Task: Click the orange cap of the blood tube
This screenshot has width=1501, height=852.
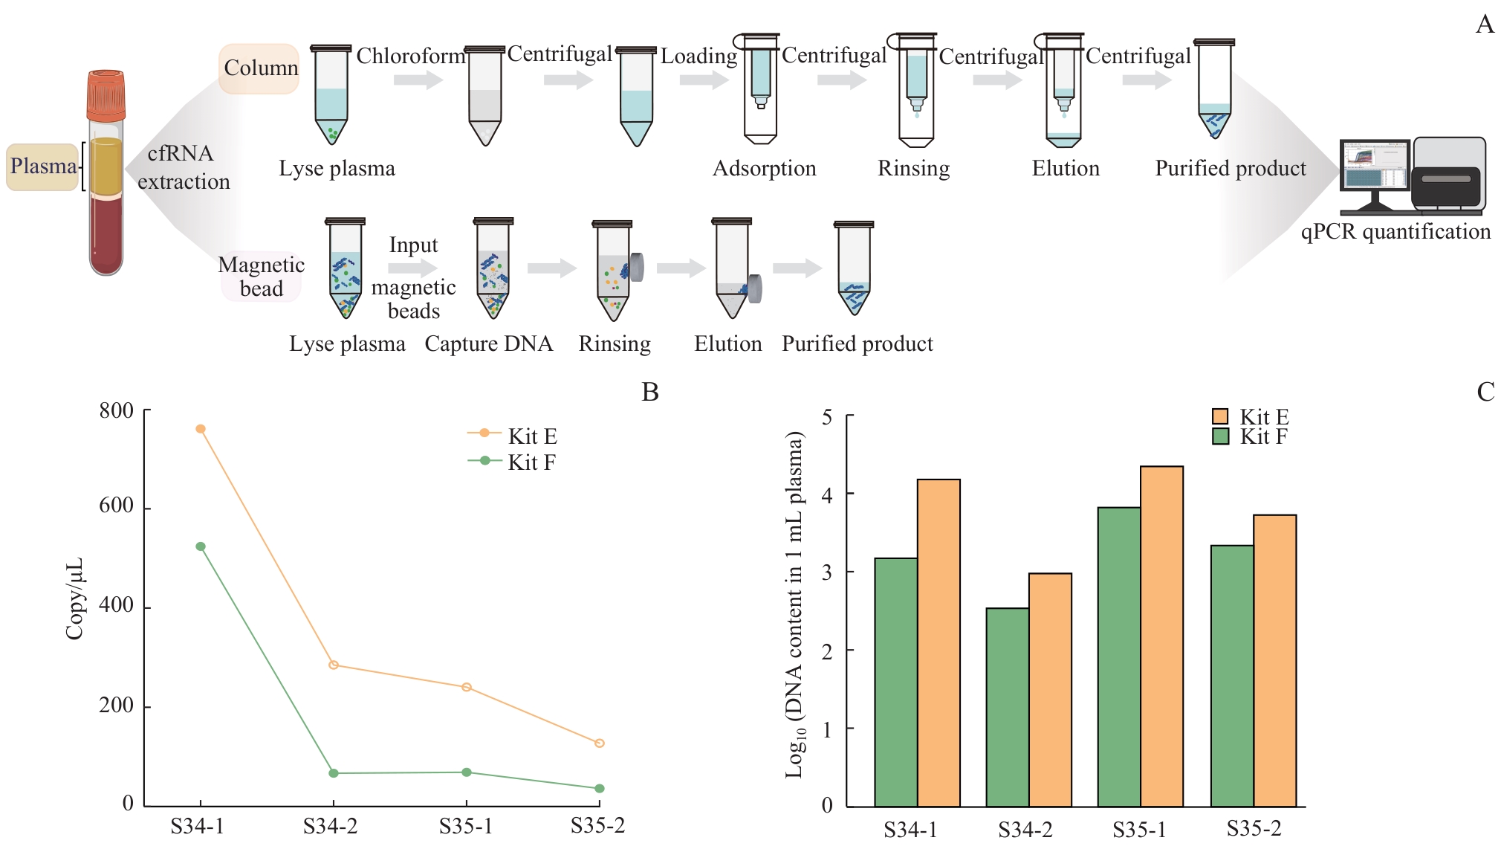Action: click(106, 95)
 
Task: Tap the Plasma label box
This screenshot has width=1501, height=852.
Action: click(43, 167)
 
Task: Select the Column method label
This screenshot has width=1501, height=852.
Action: click(260, 68)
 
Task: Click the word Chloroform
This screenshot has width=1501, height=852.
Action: click(410, 56)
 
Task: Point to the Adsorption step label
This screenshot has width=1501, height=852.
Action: click(764, 169)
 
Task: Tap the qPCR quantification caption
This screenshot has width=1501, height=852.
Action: click(1395, 232)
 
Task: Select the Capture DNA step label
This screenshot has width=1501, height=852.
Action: click(488, 343)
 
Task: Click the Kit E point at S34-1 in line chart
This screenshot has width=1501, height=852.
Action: click(201, 429)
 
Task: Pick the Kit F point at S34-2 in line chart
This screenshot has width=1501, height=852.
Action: click(334, 773)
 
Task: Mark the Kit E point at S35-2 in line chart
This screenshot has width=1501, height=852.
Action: click(600, 743)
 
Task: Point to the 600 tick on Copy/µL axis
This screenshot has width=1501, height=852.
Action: click(117, 506)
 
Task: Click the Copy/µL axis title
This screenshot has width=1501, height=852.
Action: click(75, 598)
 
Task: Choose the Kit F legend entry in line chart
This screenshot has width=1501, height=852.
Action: click(513, 462)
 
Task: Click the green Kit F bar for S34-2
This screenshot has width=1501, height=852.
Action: click(1008, 706)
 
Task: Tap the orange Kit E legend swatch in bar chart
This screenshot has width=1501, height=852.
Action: click(1220, 416)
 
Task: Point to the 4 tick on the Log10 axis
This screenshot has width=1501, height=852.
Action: click(827, 494)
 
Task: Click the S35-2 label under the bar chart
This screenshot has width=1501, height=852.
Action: click(1254, 828)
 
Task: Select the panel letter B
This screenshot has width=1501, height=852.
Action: click(650, 393)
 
